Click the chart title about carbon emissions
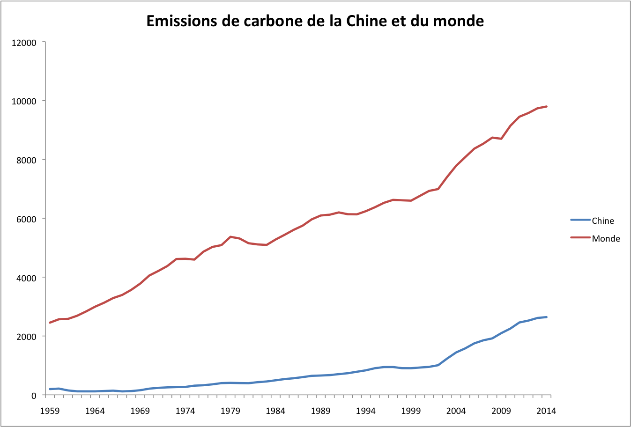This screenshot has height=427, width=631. [x=315, y=21]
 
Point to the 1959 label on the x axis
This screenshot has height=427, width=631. [x=50, y=411]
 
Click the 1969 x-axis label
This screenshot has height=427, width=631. [x=140, y=411]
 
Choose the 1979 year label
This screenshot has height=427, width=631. [x=230, y=411]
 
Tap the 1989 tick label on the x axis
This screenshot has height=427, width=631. [x=320, y=411]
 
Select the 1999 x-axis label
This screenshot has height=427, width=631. [x=411, y=411]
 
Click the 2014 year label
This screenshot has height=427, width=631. [x=546, y=411]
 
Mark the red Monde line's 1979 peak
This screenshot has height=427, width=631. [x=230, y=237]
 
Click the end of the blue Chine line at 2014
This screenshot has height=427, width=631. [x=546, y=317]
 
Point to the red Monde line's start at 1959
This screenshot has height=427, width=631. [x=50, y=323]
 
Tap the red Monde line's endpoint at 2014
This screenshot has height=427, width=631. [x=546, y=107]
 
